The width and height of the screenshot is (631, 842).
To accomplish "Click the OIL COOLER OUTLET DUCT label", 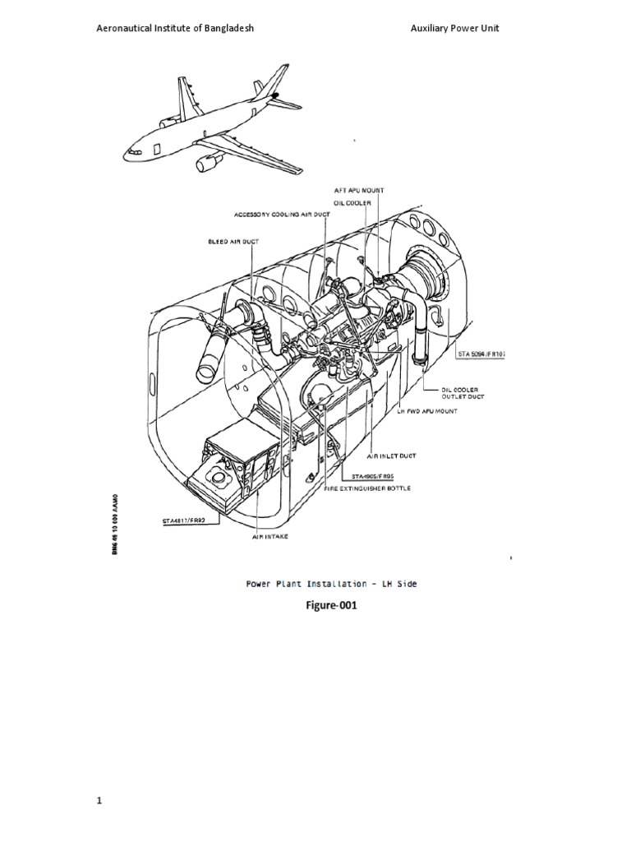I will pyautogui.click(x=463, y=393).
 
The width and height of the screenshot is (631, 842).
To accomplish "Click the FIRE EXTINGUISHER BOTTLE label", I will pyautogui.click(x=369, y=488).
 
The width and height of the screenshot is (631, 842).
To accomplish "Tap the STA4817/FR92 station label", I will pyautogui.click(x=186, y=520).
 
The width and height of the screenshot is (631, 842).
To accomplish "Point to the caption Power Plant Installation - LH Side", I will pyautogui.click(x=332, y=584).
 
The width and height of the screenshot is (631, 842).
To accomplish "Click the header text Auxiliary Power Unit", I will pyautogui.click(x=454, y=28).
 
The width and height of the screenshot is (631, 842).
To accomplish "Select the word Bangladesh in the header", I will pyautogui.click(x=223, y=28).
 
